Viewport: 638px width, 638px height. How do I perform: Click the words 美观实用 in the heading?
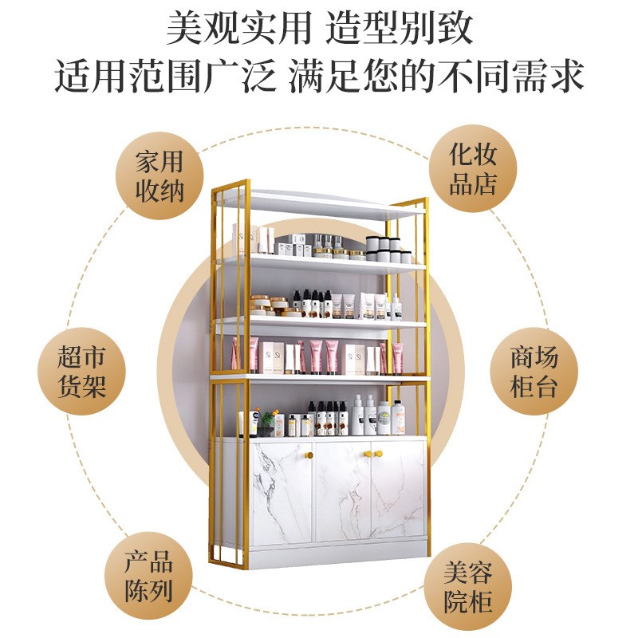pos(238,29)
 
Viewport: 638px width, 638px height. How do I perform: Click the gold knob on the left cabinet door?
pos(309,455)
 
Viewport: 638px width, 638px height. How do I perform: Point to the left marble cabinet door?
pos(282,494)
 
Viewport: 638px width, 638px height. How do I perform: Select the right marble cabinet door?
pos(397,494)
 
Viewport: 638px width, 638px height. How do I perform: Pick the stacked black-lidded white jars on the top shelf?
pos(388,249)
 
